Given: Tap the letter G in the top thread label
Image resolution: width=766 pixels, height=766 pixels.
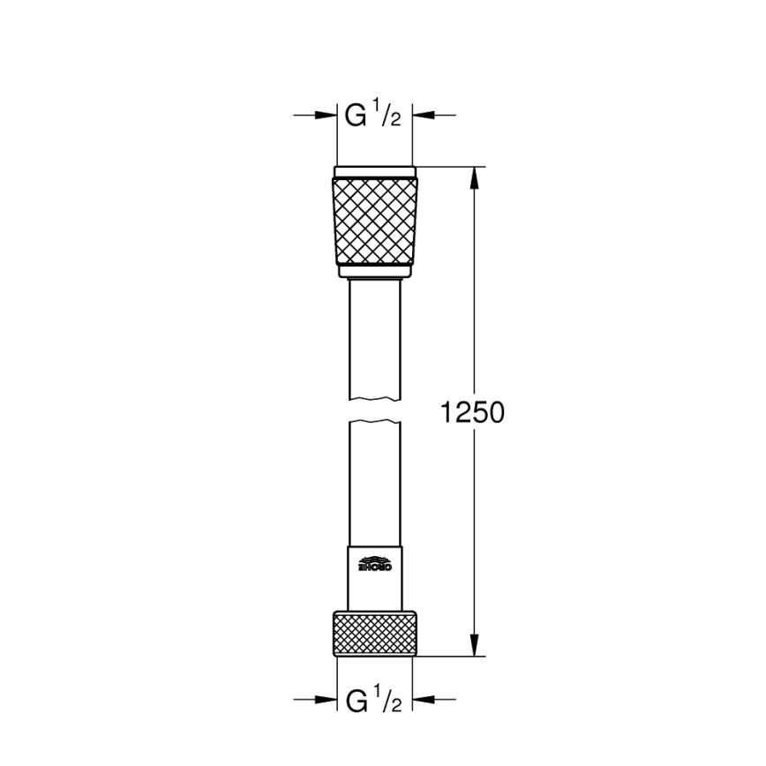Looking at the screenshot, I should click(356, 115).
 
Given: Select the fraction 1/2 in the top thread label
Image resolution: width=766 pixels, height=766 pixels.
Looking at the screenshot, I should click(391, 116).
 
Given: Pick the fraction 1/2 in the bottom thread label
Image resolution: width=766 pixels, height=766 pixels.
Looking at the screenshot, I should click(391, 702).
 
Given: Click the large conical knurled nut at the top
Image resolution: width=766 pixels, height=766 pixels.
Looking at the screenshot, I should click(374, 220).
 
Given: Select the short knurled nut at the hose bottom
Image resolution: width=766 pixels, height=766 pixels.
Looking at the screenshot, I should click(374, 633).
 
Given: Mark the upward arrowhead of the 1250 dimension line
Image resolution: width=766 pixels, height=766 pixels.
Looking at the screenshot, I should click(475, 176).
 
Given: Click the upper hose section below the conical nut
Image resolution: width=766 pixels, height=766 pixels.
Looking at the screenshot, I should click(374, 335).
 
